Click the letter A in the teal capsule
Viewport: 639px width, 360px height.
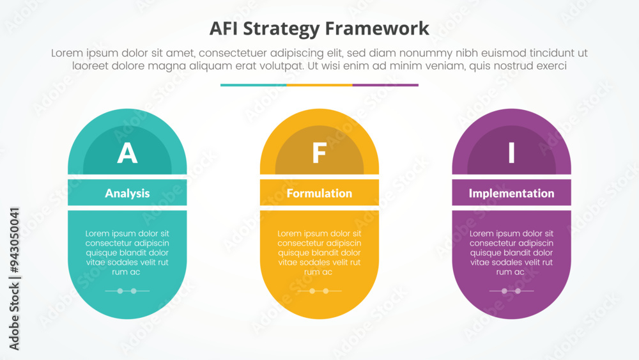click(127, 154)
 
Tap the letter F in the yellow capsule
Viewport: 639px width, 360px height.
click(319, 154)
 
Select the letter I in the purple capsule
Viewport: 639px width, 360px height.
click(511, 154)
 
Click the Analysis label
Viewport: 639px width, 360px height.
click(127, 193)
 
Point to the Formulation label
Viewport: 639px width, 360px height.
click(319, 193)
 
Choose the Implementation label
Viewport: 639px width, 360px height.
click(511, 193)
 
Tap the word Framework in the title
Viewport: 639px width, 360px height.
click(376, 29)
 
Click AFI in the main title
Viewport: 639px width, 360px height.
click(225, 29)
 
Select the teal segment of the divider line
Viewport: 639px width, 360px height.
click(253, 84)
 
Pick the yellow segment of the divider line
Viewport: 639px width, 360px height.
click(319, 84)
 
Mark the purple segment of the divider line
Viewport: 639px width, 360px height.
click(385, 84)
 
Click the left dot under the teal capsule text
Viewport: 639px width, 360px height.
click(119, 291)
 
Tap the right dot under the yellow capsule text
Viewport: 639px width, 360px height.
click(326, 291)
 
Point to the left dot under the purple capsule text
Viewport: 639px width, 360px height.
click(504, 291)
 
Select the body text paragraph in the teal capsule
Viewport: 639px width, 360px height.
click(127, 253)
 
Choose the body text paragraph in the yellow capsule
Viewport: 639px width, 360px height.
click(319, 253)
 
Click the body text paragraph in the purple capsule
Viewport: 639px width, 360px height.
click(511, 253)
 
